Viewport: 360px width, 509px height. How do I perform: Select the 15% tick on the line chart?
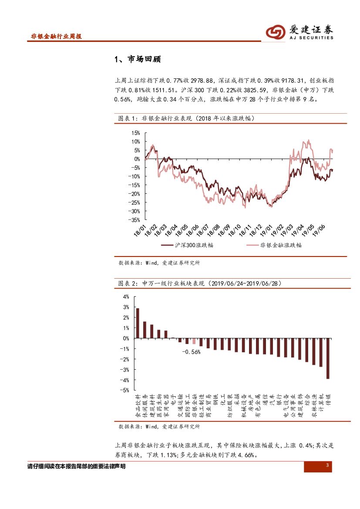[x=136, y=133]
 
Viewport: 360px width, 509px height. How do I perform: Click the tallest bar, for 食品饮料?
[x=138, y=323]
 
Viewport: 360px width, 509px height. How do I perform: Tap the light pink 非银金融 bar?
[x=194, y=341]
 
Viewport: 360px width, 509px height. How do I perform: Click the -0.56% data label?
[x=191, y=352]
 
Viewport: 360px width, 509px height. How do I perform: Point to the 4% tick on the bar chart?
[x=126, y=297]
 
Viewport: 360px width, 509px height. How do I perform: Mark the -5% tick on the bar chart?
[x=125, y=391]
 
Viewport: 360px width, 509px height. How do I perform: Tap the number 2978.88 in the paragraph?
[x=202, y=81]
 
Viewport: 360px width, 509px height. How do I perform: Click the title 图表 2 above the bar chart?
[x=128, y=283]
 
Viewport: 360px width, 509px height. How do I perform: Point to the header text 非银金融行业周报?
[x=56, y=37]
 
